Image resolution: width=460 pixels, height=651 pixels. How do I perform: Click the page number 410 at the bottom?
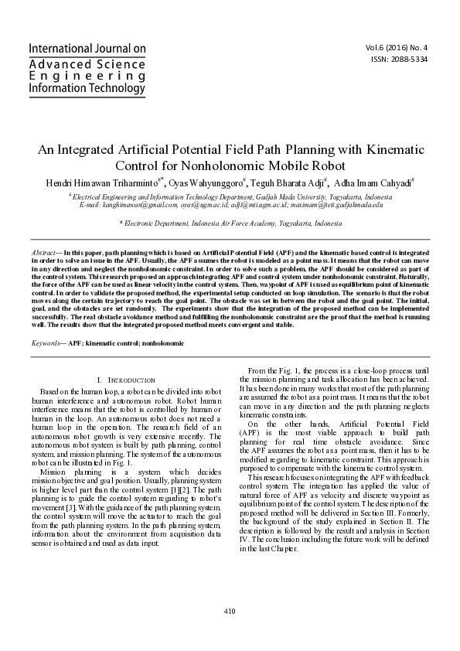click(230, 612)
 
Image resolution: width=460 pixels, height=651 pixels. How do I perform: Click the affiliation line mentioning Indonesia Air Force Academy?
click(230, 223)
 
